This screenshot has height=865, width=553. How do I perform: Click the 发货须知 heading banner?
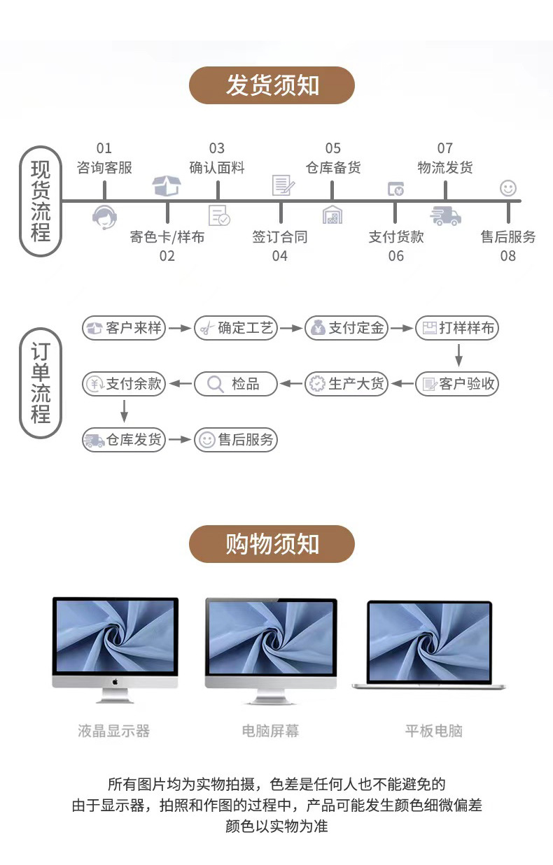tap(272, 86)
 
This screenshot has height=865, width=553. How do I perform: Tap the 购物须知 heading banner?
tap(272, 544)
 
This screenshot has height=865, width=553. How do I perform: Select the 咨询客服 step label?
tap(104, 168)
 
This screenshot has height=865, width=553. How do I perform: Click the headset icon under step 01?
tap(104, 217)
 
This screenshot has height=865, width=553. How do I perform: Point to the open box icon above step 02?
tap(167, 185)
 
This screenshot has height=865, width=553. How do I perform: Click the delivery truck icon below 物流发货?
tap(445, 216)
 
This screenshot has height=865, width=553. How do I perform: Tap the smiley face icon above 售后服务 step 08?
tap(508, 187)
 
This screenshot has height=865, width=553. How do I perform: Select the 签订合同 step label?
tap(280, 237)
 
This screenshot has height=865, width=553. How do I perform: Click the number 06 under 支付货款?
tap(396, 256)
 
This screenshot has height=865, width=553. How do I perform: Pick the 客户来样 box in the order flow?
tap(124, 328)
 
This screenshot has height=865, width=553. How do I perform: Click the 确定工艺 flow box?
tap(236, 328)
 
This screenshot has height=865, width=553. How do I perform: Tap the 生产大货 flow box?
tap(346, 383)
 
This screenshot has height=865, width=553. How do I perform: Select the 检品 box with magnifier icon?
tap(236, 383)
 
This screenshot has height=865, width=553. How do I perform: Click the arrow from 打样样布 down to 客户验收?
tap(459, 355)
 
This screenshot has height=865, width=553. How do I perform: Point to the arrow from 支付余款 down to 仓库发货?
tap(124, 410)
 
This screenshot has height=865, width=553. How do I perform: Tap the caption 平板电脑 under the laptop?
tap(434, 731)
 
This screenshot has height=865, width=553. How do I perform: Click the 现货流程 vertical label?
tap(41, 201)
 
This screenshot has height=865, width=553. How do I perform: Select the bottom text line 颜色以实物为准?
tap(276, 826)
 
